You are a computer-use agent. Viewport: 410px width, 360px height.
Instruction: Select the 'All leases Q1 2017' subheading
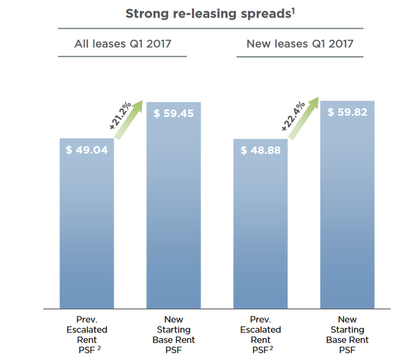[x=123, y=45]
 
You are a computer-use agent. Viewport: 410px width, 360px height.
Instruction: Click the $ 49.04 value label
[x=87, y=150]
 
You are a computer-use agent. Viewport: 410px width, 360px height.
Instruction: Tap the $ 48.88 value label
[x=261, y=151]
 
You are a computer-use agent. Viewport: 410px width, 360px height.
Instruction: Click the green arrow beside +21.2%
[x=129, y=121]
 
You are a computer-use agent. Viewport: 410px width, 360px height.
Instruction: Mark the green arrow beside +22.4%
[x=303, y=121]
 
